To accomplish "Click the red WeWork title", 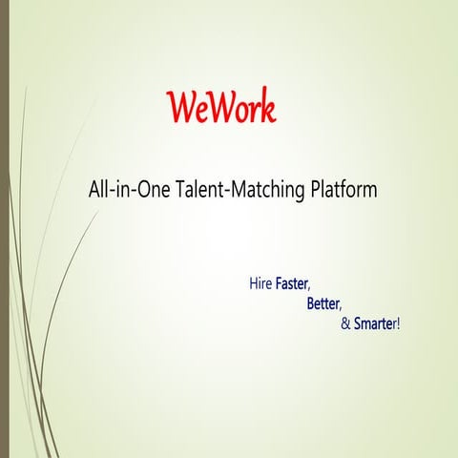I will (220, 108).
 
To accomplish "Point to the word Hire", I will (260, 284).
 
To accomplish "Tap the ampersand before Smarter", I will (345, 324).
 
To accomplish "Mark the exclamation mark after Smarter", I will (398, 324).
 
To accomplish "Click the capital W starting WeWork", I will (177, 108).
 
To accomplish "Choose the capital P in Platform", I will (315, 190).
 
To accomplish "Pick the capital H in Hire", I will (253, 284).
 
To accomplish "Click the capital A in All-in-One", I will (94, 190).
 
